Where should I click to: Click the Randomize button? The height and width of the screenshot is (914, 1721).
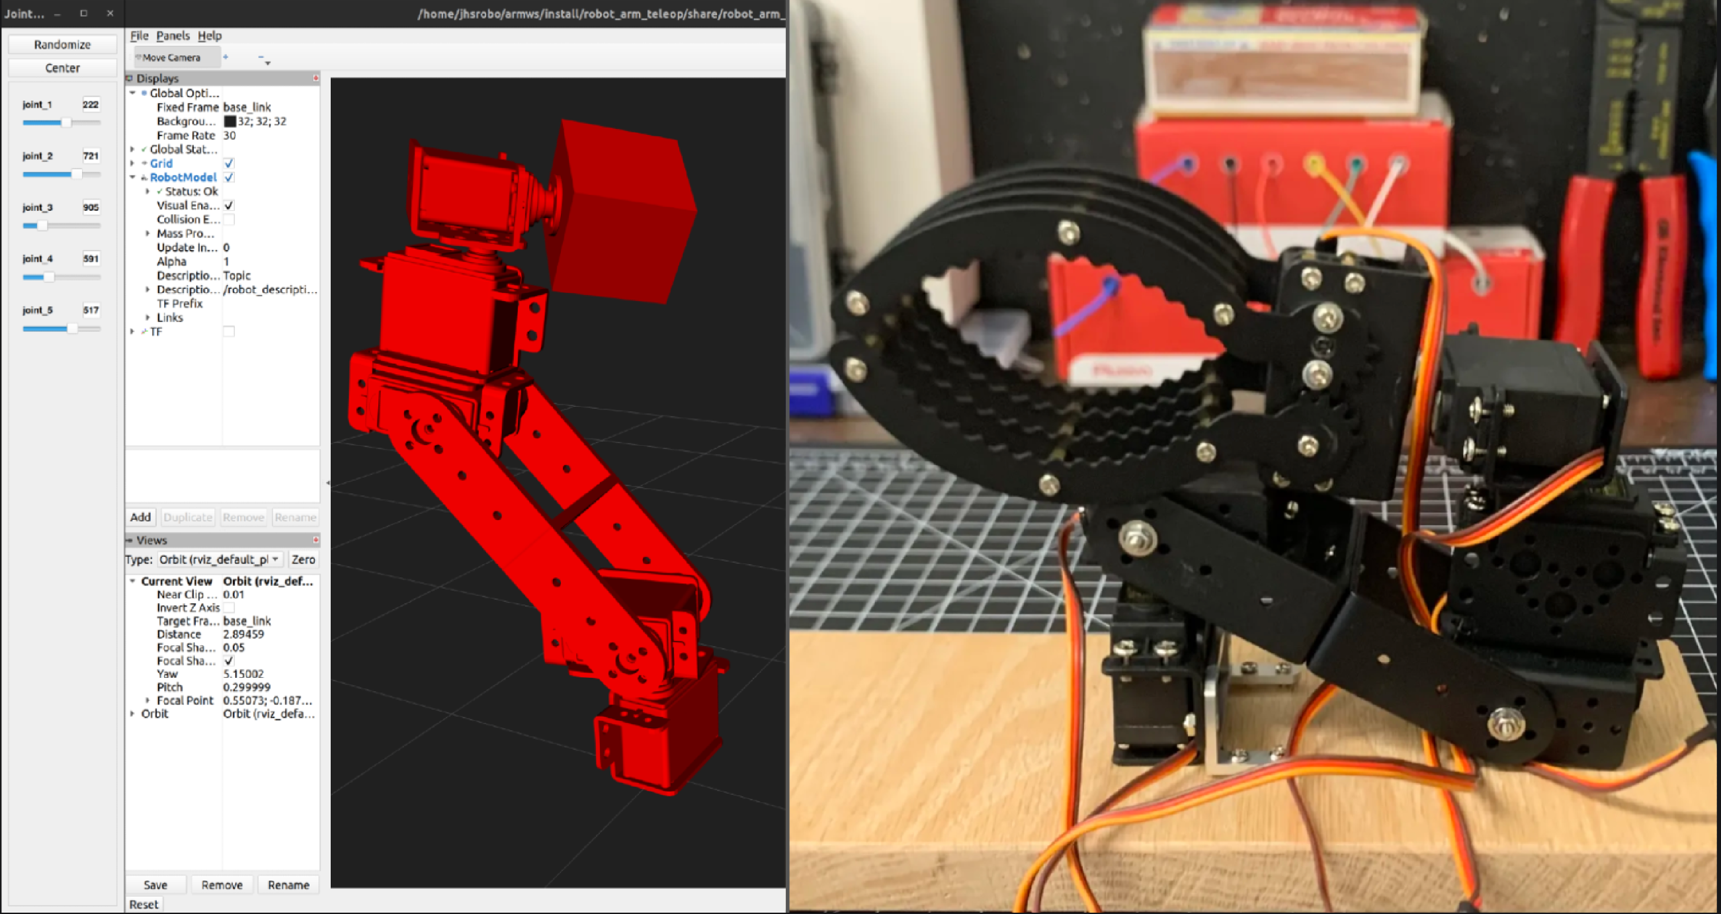tap(62, 44)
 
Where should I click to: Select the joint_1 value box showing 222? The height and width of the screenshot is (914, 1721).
tap(90, 104)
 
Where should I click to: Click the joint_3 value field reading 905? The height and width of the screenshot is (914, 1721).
tap(90, 207)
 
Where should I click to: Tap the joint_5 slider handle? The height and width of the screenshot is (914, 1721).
tap(72, 328)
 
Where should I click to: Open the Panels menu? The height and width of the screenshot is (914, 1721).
tap(173, 36)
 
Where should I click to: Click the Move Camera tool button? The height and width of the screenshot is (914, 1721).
tap(171, 58)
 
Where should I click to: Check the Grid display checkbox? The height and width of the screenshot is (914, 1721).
tap(228, 163)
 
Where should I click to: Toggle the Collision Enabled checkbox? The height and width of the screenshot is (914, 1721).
tap(228, 219)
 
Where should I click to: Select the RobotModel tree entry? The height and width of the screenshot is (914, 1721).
tap(183, 177)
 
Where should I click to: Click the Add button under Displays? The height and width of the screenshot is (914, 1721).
tap(140, 517)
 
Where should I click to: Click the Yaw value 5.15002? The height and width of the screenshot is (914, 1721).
tap(243, 673)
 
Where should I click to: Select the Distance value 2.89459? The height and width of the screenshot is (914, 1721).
tap(243, 634)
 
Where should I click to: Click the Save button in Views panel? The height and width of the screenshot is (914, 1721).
tap(155, 885)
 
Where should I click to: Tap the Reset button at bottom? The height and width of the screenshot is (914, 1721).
tap(144, 904)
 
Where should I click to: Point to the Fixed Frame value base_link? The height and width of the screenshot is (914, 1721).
tap(247, 107)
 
